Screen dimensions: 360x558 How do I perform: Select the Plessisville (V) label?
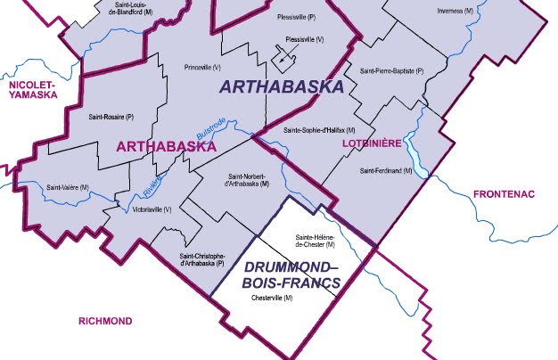point(304,40)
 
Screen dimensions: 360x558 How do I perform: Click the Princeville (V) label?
point(201,68)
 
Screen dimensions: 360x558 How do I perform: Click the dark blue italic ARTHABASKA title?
point(281,87)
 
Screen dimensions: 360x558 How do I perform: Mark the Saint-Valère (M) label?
point(68,187)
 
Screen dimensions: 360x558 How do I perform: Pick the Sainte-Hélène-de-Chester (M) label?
point(315,240)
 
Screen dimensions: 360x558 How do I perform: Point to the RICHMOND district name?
point(105,321)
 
